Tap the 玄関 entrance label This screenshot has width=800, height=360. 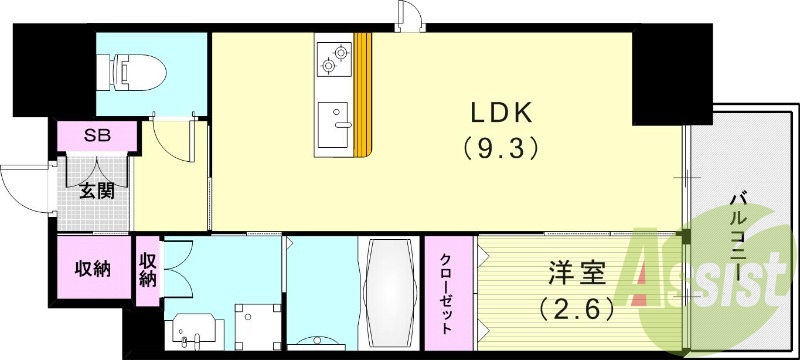(96, 191)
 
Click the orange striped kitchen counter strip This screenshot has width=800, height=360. (365, 95)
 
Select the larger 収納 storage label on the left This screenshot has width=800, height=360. (93, 267)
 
